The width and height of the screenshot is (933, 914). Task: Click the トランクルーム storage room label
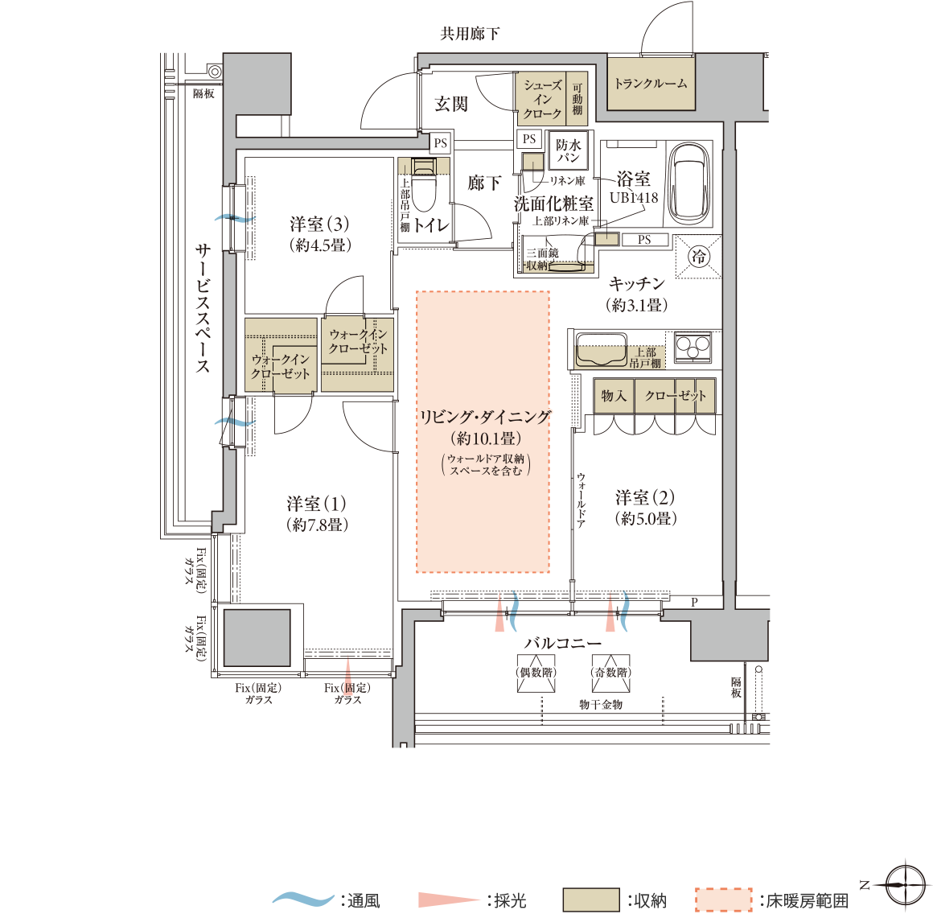tap(651, 83)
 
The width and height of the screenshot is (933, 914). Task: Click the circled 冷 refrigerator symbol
tap(698, 257)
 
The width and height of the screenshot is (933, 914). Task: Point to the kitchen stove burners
tap(693, 347)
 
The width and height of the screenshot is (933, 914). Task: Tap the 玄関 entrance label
tap(451, 104)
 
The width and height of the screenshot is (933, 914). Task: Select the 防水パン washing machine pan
tap(569, 150)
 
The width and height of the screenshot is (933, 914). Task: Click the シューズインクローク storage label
tap(542, 100)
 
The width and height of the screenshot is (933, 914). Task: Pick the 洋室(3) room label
tap(319, 224)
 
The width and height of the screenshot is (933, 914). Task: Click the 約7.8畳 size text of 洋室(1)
tap(317, 525)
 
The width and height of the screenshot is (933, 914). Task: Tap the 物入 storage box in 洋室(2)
tap(614, 397)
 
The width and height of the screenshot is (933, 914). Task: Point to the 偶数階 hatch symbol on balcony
tap(536, 673)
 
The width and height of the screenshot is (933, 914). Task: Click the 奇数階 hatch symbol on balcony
tap(611, 673)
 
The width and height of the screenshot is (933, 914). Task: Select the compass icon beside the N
tap(905, 885)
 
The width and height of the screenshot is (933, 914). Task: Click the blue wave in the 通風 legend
tap(303, 898)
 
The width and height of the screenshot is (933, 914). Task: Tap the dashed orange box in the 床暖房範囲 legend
tap(723, 900)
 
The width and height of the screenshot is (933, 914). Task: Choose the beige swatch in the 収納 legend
tap(590, 900)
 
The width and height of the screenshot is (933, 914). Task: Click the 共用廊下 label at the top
tap(470, 34)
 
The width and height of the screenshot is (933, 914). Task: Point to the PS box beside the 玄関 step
tap(440, 143)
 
